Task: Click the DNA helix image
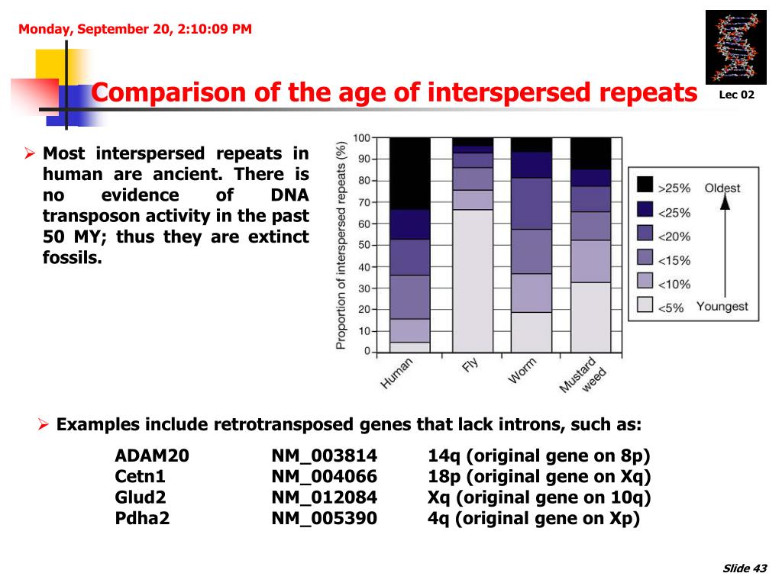coord(735,47)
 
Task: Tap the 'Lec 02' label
coord(736,95)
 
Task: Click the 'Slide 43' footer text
coord(744,568)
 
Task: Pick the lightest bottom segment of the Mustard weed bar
coord(591,317)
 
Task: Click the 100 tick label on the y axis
coord(360,138)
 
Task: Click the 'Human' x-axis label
coord(397,375)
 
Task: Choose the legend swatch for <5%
coord(645,306)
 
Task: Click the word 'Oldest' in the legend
coord(722,188)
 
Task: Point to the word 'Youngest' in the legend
coord(722,307)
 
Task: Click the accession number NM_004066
coord(324,477)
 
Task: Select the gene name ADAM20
coord(151,456)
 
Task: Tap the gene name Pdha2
coord(142,518)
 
